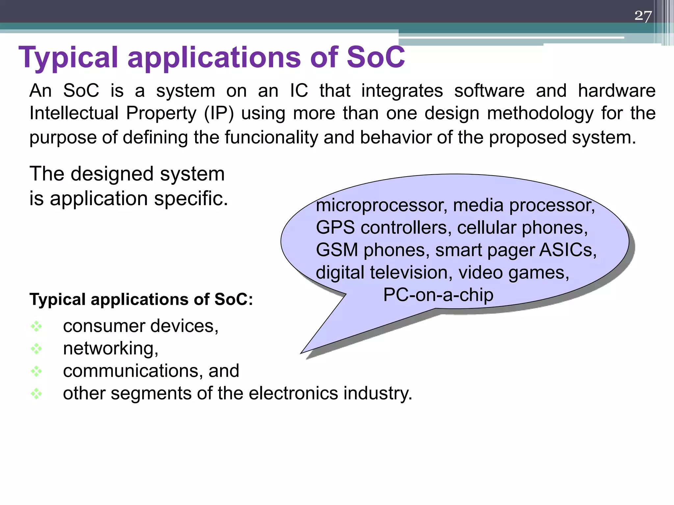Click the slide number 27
tap(643, 15)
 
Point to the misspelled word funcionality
tap(271, 137)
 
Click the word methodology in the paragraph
tap(540, 113)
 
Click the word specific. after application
tap(191, 199)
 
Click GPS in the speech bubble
tap(335, 228)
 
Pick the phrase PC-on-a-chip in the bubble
tap(438, 295)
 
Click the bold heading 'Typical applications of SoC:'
tap(141, 299)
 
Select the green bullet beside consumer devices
tap(36, 326)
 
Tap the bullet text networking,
tap(111, 348)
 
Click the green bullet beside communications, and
tap(36, 371)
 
